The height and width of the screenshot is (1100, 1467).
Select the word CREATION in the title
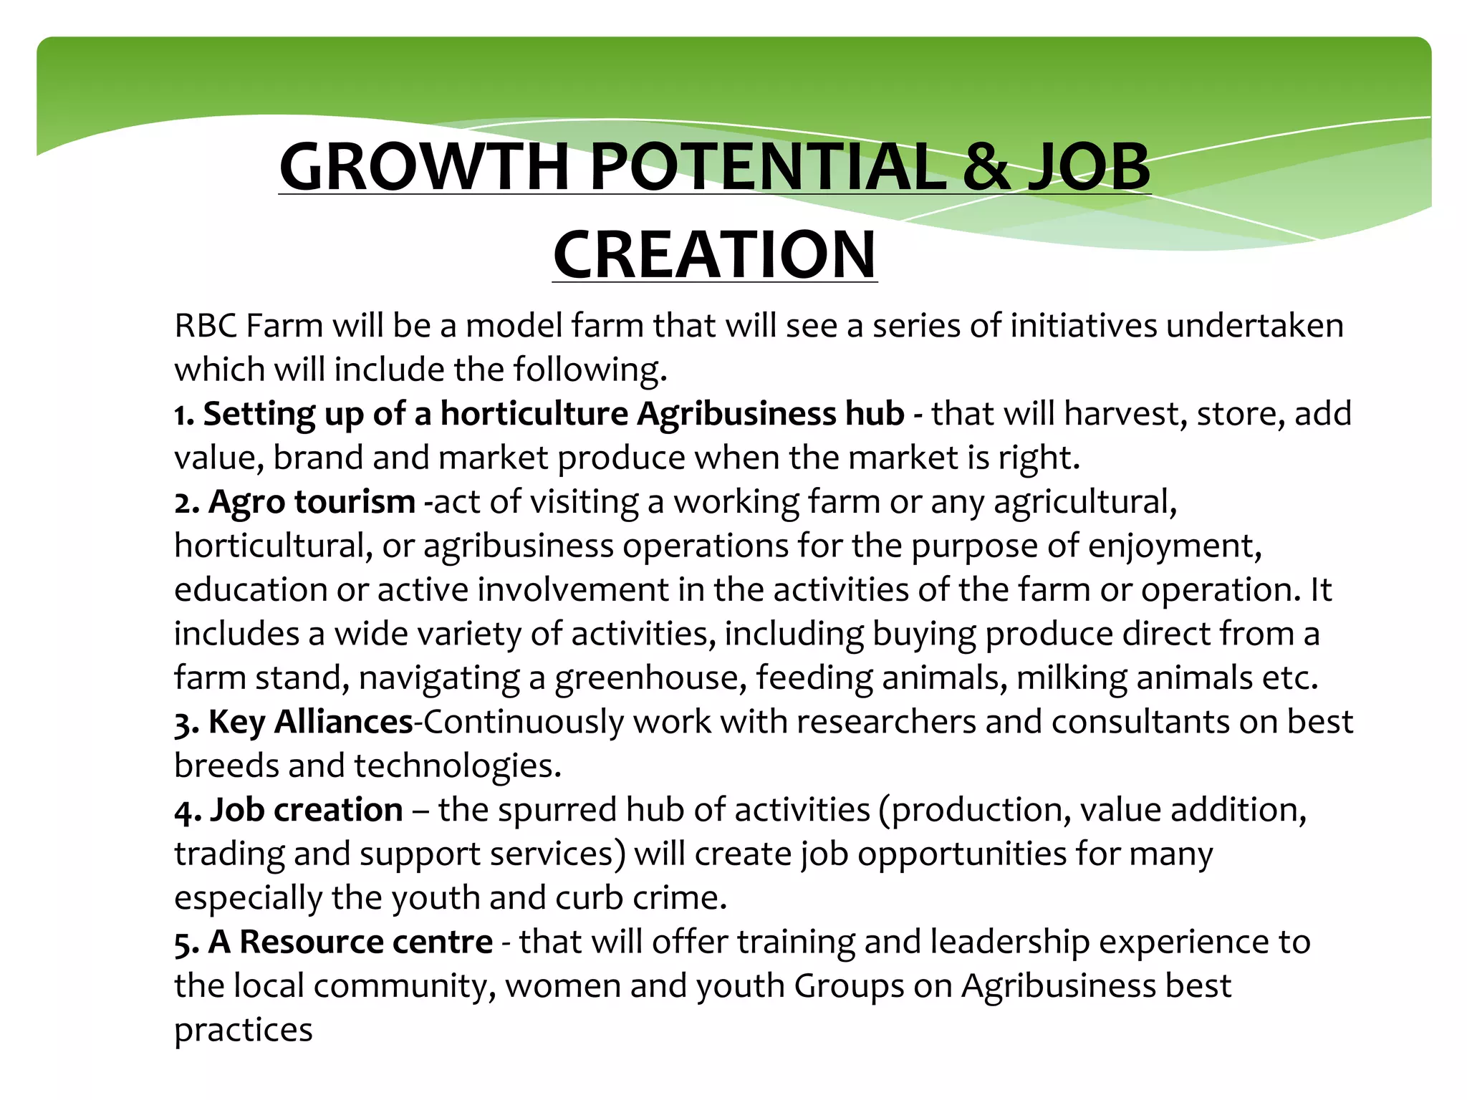714,255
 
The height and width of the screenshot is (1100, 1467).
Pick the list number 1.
183,415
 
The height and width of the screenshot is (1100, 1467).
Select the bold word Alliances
343,722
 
